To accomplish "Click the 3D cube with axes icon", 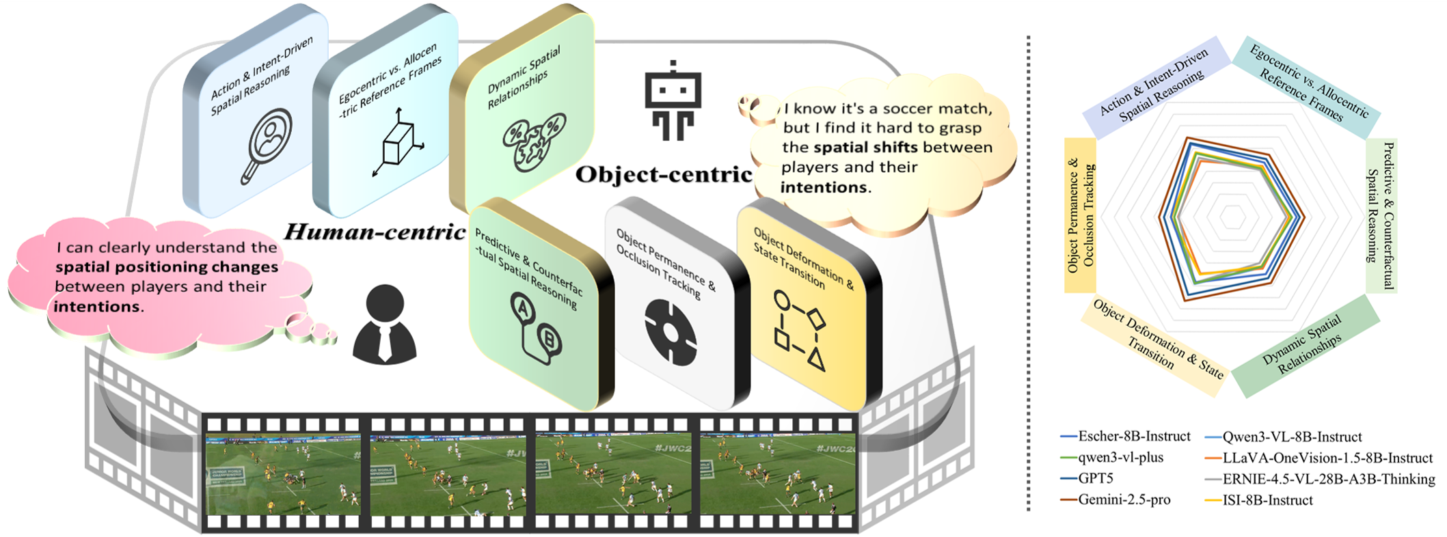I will coord(398,142).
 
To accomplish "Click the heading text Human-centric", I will coord(375,232).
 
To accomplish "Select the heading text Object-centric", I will coord(664,175).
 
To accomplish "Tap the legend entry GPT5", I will coord(1097,478).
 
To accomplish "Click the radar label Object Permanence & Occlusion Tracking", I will coord(1081,215).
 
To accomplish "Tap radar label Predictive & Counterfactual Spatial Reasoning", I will coord(1381,215).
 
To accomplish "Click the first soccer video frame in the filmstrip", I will coord(283,476).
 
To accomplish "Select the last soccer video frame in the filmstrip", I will coord(777,476).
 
